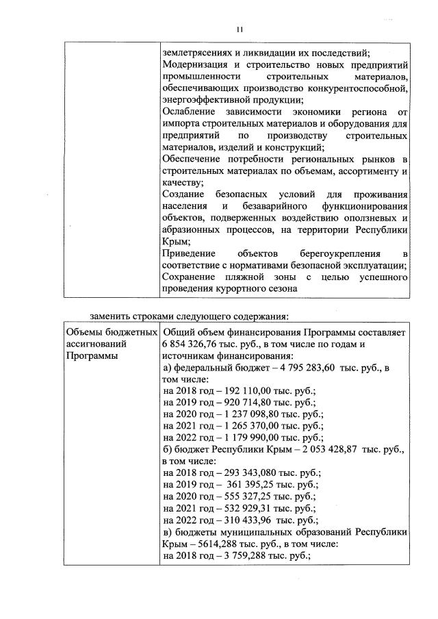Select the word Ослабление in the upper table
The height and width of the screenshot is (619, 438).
tap(188, 112)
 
